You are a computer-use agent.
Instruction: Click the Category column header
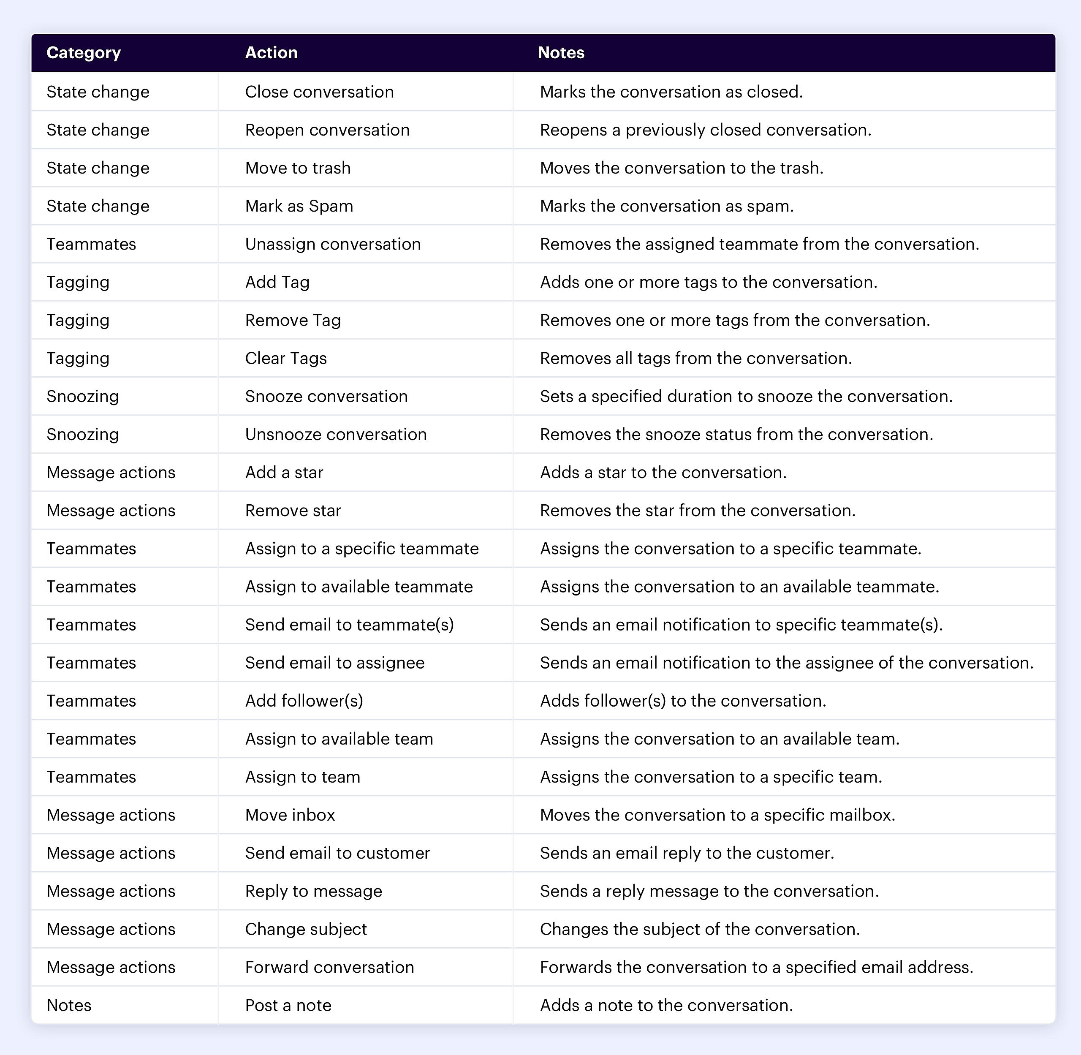pyautogui.click(x=84, y=53)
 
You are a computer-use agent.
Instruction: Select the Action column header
pyautogui.click(x=272, y=53)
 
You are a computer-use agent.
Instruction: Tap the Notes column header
pyautogui.click(x=561, y=53)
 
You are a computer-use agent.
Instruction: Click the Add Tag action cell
pyautogui.click(x=277, y=282)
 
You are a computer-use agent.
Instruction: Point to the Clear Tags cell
pyautogui.click(x=286, y=358)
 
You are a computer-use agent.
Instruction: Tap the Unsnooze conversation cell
pyautogui.click(x=336, y=435)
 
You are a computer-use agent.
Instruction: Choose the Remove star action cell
pyautogui.click(x=293, y=510)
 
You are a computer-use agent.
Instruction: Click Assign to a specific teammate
pyautogui.click(x=362, y=549)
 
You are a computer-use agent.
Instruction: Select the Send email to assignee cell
pyautogui.click(x=335, y=663)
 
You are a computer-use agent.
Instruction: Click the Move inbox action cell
pyautogui.click(x=290, y=815)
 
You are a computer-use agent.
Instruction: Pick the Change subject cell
pyautogui.click(x=306, y=929)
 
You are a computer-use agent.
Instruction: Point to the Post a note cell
pyautogui.click(x=288, y=1005)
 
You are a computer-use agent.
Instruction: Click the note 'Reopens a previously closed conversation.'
pyautogui.click(x=705, y=130)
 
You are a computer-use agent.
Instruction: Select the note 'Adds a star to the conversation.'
pyautogui.click(x=663, y=472)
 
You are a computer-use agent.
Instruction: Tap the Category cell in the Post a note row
pyautogui.click(x=69, y=1005)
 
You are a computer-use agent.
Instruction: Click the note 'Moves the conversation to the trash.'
pyautogui.click(x=682, y=168)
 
